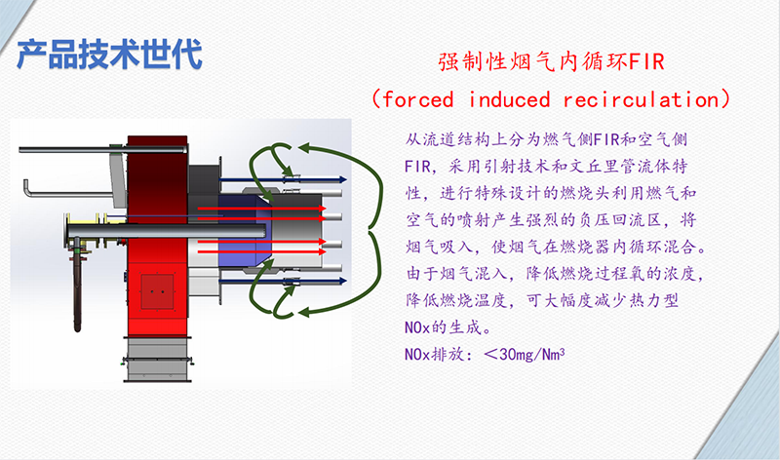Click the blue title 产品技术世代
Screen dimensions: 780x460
click(x=109, y=54)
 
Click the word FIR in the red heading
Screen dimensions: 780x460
click(x=646, y=62)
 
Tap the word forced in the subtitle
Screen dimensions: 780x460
click(x=418, y=99)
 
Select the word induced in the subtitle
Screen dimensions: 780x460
click(x=509, y=99)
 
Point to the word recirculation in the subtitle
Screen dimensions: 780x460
click(x=642, y=99)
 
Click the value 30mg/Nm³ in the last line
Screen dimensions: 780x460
click(x=531, y=354)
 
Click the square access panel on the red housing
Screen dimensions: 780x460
click(x=157, y=291)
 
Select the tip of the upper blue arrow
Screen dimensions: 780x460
click(x=346, y=179)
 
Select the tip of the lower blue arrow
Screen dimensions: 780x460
click(x=346, y=281)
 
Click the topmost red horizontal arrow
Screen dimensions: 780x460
click(x=262, y=209)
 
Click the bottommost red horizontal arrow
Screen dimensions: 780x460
click(x=262, y=251)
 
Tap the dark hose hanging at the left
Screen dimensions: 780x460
click(x=77, y=288)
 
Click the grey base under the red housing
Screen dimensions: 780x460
click(x=158, y=359)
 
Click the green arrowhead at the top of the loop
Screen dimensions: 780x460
click(x=304, y=147)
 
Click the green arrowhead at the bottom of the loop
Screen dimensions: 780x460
click(x=304, y=312)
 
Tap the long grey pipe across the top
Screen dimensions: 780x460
click(x=102, y=149)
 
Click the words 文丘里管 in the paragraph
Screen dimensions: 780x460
click(x=611, y=166)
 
